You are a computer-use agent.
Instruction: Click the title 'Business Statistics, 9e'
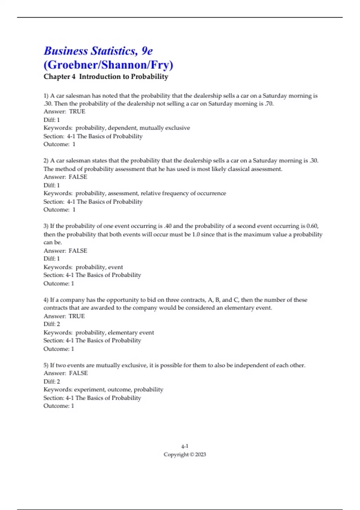point(98,51)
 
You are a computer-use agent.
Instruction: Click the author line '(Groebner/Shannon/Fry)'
point(108,65)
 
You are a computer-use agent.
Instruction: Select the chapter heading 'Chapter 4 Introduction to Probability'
point(106,77)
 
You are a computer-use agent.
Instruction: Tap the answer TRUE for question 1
point(77,112)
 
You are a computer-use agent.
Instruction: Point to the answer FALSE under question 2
point(78,177)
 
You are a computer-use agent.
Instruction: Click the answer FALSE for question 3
point(78,251)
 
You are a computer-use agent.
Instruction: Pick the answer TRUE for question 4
point(76,316)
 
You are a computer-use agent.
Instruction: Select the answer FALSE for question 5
point(78,373)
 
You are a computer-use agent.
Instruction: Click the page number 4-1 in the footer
point(184,446)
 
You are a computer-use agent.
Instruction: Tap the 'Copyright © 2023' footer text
point(184,454)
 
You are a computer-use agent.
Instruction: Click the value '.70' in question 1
point(269,104)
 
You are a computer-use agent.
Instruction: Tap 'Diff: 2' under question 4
point(52,324)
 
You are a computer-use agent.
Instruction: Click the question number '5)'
point(46,365)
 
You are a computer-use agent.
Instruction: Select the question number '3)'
point(46,226)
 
